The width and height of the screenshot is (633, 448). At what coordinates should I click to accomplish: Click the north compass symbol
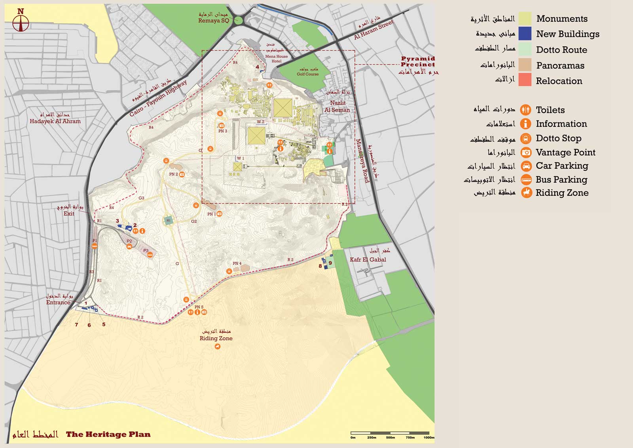21,23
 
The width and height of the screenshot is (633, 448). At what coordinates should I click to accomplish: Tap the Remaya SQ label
214,21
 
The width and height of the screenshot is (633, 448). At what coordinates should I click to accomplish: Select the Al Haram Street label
373,30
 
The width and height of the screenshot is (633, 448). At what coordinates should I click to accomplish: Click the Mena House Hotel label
277,59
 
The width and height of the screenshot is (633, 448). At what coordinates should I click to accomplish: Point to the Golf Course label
307,74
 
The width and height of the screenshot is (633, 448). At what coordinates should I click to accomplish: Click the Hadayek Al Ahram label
55,121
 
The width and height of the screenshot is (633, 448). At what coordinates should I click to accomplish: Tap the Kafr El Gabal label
368,259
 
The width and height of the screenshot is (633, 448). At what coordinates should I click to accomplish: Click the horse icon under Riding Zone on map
217,347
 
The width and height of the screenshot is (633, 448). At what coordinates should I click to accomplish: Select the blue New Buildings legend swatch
525,34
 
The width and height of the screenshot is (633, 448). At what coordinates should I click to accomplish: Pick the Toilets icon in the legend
525,110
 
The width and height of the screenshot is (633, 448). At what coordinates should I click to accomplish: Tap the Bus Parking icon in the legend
526,179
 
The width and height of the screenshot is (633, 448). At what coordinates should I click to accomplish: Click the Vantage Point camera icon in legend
526,153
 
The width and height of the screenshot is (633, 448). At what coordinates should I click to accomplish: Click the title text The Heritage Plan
108,434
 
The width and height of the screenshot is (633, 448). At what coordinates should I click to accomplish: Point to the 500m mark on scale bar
390,437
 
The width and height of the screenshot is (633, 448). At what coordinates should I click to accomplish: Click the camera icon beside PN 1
220,214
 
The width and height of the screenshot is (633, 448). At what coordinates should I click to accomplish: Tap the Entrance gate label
58,302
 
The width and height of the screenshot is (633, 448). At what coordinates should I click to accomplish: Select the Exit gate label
69,214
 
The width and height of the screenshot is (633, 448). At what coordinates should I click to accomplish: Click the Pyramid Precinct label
417,61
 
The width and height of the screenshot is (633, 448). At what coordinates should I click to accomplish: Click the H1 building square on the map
169,221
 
